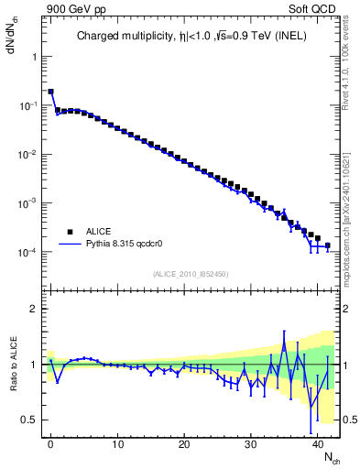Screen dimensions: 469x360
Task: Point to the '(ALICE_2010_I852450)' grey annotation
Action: [x=191, y=274]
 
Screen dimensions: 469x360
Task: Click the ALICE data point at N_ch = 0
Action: [x=50, y=92]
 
